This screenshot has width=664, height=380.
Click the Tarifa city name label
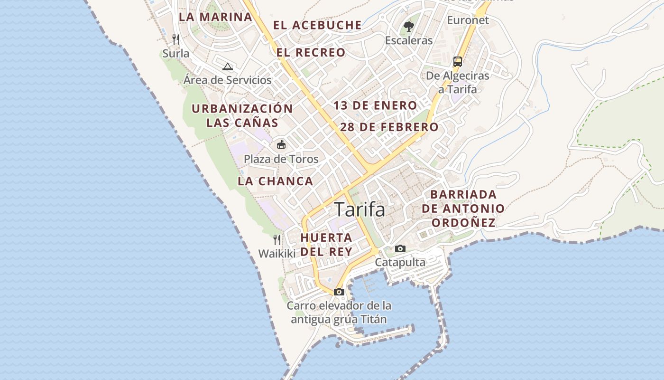pos(360,209)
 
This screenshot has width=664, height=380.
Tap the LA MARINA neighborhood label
pos(215,17)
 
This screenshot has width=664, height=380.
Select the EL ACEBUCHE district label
pos(317,25)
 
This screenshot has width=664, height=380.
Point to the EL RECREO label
pos(311,53)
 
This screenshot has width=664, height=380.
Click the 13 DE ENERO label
pos(375,105)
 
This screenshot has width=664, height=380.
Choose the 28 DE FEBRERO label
pos(389,127)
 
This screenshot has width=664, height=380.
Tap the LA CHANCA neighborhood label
pos(276,181)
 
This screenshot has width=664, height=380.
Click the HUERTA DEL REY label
pos(326,244)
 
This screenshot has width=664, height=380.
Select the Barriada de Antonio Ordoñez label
pos(463,209)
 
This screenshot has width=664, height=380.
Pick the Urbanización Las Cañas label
pos(242,115)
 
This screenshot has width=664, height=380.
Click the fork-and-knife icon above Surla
pos(176,38)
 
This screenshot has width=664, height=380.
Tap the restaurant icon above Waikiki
pos(277,239)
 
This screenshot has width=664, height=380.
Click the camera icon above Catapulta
pos(400,248)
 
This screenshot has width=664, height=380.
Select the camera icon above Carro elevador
pos(339,292)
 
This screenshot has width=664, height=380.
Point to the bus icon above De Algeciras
pos(458,61)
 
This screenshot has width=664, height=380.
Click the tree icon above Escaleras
pos(408,26)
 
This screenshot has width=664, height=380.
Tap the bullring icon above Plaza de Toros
pos(281,144)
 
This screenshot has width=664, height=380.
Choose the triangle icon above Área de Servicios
pos(228,66)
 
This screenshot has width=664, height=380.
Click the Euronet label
pos(468,20)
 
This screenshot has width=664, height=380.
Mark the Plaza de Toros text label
pos(281,159)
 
